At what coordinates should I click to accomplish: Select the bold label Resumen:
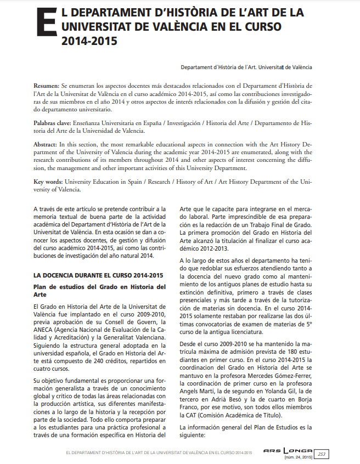click(46, 87)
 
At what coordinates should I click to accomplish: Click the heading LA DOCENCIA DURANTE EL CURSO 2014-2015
click(98, 275)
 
